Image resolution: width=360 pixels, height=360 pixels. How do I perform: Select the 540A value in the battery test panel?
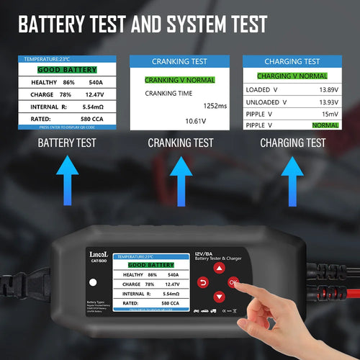(x=98, y=83)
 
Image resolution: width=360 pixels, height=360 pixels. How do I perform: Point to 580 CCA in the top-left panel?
(x=94, y=119)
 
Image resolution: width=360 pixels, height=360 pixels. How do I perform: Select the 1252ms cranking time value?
(x=215, y=105)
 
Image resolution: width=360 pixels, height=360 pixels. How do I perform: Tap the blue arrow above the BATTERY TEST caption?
(x=66, y=176)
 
